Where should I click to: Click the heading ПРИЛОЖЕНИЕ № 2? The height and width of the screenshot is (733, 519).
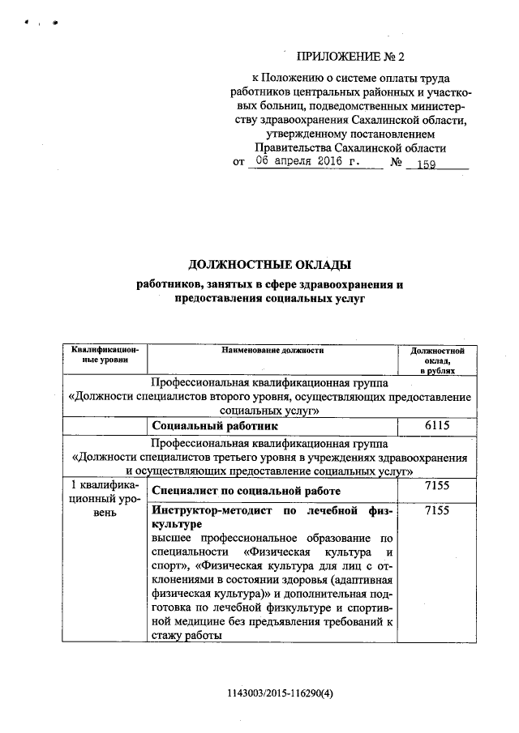pyautogui.click(x=350, y=56)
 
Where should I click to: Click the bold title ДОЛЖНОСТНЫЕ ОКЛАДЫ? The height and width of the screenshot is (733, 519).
pyautogui.click(x=269, y=265)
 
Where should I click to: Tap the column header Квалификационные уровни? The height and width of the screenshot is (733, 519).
pyautogui.click(x=105, y=354)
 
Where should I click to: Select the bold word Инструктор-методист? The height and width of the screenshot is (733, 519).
pyautogui.click(x=212, y=513)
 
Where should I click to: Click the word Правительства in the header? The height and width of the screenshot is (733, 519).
pyautogui.click(x=291, y=147)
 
